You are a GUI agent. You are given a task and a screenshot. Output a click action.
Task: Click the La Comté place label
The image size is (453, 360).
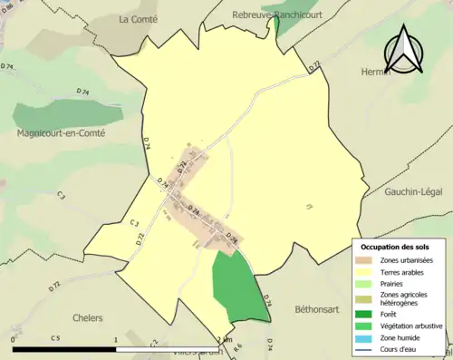tap(138, 18)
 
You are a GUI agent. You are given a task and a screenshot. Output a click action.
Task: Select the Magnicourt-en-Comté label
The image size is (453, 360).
tap(62, 133)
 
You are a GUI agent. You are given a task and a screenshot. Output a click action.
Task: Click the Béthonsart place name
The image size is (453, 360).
tap(315, 309)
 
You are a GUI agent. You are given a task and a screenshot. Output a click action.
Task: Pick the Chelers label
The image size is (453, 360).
tap(82, 318)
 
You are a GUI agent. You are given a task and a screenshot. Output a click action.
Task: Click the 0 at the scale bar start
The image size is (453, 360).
tap(13, 339)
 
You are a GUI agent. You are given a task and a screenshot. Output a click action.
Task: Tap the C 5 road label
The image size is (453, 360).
tap(55, 339)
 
